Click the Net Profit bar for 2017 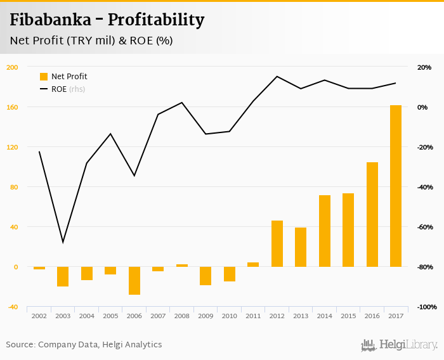pos(395,186)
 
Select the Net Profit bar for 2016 pos(372,214)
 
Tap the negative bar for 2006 pos(134,280)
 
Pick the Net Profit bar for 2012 pos(277,243)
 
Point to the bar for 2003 pos(63,276)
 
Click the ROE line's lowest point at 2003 pos(63,242)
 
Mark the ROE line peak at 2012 pos(277,77)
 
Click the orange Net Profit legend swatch pos(44,77)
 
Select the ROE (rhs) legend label pos(68,89)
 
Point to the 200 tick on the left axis pos(12,67)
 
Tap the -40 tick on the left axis pos(12,307)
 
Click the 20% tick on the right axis pos(424,67)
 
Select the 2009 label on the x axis pos(205,316)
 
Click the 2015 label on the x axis pos(348,316)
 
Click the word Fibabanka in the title pos(49,20)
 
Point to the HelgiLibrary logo pos(399,345)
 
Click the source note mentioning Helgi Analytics pos(84,345)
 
